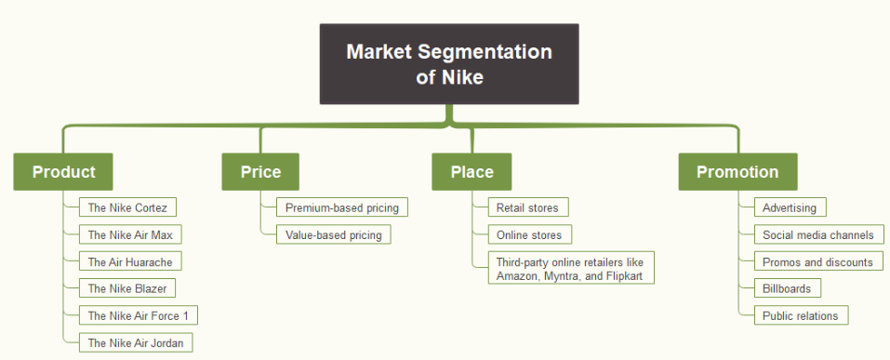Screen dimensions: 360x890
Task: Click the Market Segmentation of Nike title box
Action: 449,63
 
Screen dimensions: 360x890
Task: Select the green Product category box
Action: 63,172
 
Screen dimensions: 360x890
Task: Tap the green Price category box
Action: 260,172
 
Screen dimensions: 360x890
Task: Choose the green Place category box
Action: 472,172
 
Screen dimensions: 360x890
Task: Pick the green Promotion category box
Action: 737,172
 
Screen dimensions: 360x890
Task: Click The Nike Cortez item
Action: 127,207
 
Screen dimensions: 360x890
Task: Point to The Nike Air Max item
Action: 130,234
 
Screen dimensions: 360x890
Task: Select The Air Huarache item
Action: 130,261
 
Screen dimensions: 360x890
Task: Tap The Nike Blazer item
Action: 126,288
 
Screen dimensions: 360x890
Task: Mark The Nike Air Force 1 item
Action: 138,315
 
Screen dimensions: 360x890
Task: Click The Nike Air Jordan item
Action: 136,342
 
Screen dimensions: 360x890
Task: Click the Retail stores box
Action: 527,207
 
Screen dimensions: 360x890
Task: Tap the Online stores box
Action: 529,234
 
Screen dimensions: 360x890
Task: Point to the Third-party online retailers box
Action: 571,268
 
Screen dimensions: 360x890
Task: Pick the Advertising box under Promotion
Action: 789,207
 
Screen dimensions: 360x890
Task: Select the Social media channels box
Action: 817,234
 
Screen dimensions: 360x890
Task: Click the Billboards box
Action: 787,288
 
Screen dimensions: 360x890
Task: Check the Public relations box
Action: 800,315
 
